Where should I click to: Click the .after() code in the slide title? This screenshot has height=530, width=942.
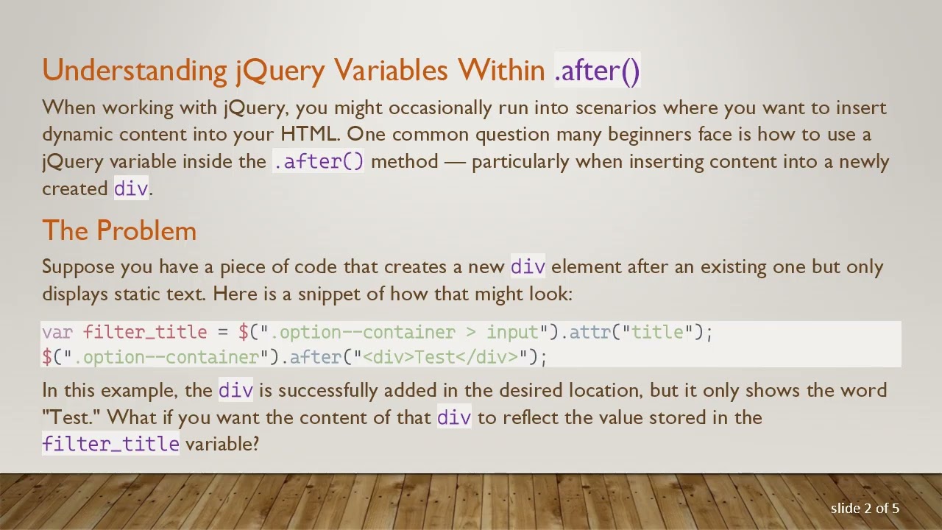[x=597, y=71]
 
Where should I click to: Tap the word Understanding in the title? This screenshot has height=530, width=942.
[x=135, y=71]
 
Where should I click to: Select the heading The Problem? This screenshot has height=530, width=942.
[x=119, y=230]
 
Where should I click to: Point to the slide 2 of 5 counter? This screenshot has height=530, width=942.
[x=865, y=508]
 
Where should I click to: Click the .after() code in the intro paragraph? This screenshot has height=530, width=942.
[x=318, y=161]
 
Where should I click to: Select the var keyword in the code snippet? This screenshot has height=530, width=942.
[x=57, y=332]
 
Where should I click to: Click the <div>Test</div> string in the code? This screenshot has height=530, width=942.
[x=441, y=357]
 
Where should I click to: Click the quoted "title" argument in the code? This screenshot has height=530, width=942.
[x=656, y=332]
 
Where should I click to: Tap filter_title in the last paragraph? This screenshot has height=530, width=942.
[x=110, y=444]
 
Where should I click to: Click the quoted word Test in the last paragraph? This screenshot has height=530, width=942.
[x=71, y=417]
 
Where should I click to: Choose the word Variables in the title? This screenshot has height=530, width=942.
[x=391, y=71]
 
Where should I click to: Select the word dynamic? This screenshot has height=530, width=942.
[x=78, y=134]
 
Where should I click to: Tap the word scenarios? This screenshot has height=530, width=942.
[x=615, y=107]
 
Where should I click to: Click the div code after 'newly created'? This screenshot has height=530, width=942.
[x=131, y=188]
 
